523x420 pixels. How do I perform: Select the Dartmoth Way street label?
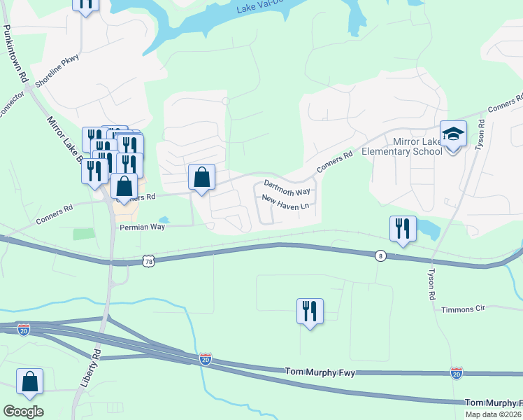point(287,188)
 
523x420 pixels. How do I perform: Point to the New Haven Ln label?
point(285,202)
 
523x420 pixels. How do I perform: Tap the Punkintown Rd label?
point(14,56)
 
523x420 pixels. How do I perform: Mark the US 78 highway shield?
point(148,261)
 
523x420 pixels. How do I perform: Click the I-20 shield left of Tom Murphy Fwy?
point(206,359)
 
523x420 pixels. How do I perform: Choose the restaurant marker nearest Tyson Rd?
point(403,229)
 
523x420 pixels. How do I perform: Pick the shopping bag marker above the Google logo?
point(30,381)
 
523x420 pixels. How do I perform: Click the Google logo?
point(23,412)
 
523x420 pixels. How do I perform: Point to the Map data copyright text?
point(494,414)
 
